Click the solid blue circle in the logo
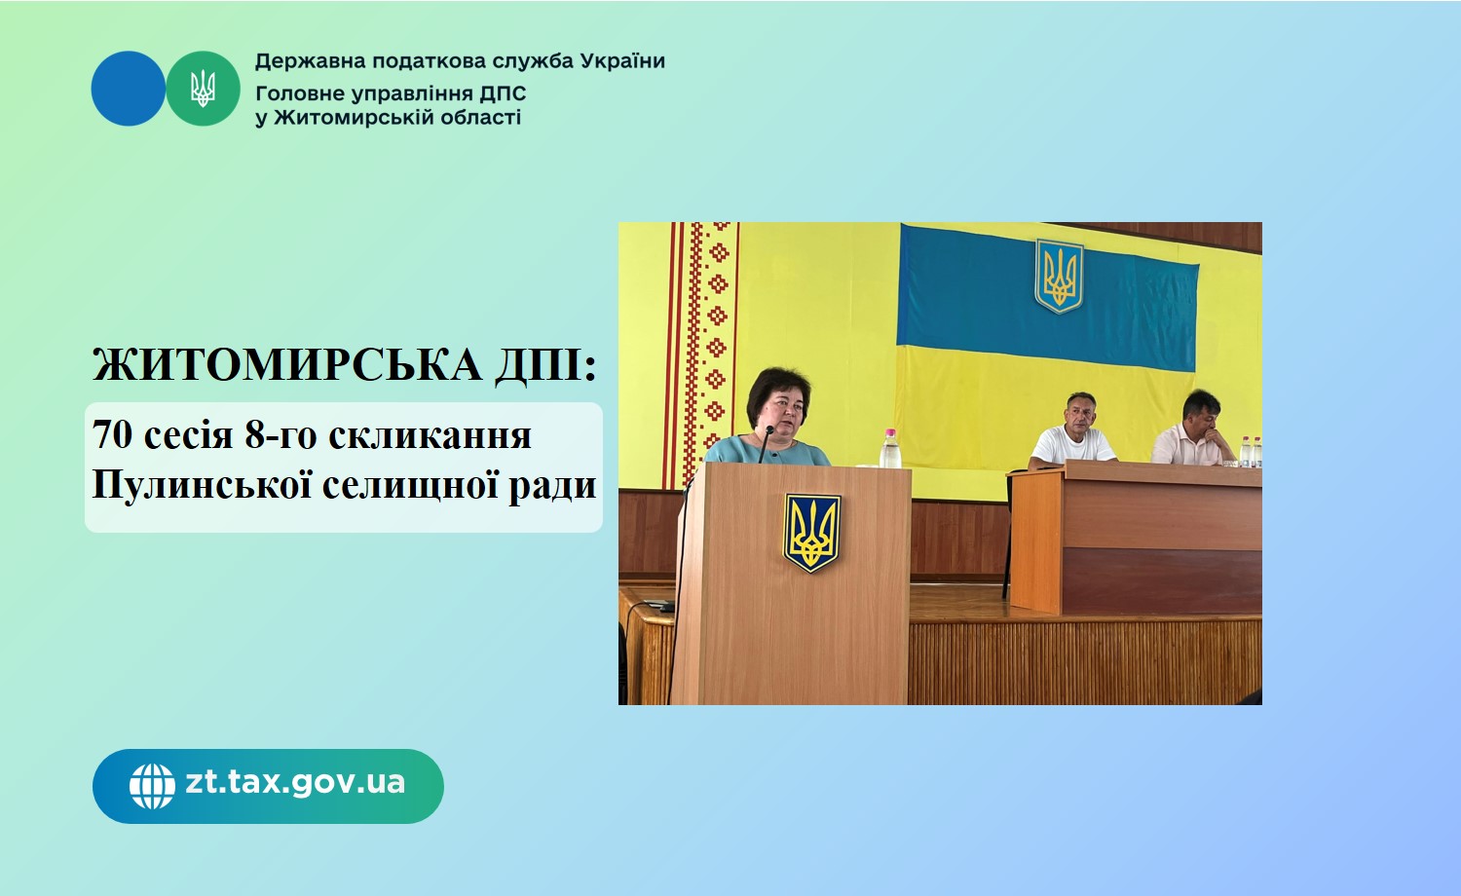coord(129,89)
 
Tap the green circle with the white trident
coord(203,89)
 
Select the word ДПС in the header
coord(503,93)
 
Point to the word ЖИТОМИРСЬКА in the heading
coord(287,365)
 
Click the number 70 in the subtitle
coord(112,435)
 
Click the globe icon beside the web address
coord(152,787)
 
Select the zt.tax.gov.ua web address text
coord(295,782)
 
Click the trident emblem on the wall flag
coord(1059,276)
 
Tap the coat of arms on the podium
coord(811,533)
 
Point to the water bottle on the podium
coord(889,448)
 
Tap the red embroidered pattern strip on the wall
coord(704,354)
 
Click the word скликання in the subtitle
coord(430,435)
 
